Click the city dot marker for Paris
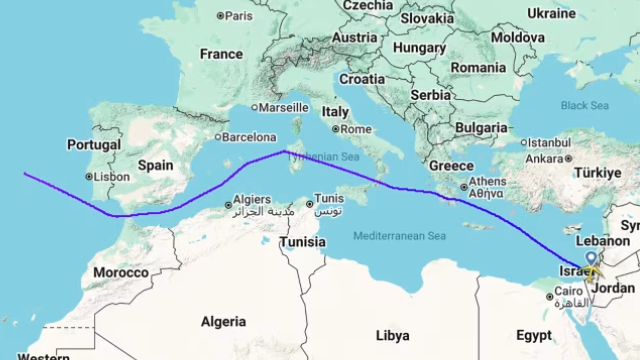[x=220, y=16]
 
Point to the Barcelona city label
[x=249, y=137]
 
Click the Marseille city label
[x=284, y=107]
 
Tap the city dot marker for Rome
[x=336, y=130]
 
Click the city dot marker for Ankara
[x=568, y=159]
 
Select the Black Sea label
[x=584, y=105]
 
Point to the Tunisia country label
[x=302, y=242]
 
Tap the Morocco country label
[x=121, y=273]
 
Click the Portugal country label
[x=94, y=145]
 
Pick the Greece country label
[x=451, y=166]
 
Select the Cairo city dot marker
[x=550, y=297]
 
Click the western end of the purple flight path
[x=24, y=173]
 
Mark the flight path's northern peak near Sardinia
[x=284, y=151]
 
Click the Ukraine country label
[x=551, y=13]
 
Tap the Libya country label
[x=392, y=336]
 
